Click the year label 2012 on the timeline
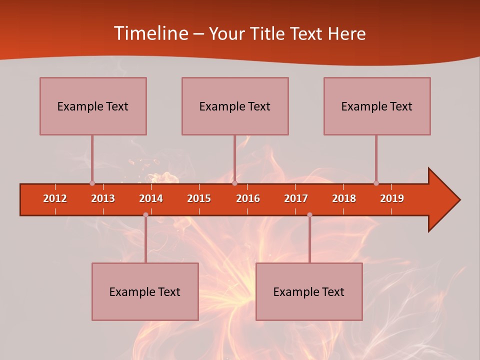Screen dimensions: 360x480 (x=55, y=198)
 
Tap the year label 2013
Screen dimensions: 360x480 (x=103, y=198)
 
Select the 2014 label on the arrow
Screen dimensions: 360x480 (x=151, y=198)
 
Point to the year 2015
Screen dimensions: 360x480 (x=199, y=198)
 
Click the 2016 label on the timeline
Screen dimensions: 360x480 (x=248, y=198)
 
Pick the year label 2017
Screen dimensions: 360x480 (x=296, y=198)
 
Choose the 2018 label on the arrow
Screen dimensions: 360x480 (x=344, y=198)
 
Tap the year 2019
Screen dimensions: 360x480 (x=392, y=198)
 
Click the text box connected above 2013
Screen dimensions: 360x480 (x=93, y=106)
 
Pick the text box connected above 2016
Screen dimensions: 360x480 (x=235, y=106)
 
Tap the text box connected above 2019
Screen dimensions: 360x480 (x=377, y=106)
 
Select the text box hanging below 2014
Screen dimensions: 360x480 (x=145, y=291)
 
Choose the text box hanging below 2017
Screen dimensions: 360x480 (x=309, y=291)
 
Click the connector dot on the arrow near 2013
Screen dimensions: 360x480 (x=92, y=183)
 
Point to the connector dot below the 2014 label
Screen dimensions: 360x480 (x=145, y=215)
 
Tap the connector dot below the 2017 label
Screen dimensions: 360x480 (x=309, y=215)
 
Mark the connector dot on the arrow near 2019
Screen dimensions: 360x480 (x=376, y=183)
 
